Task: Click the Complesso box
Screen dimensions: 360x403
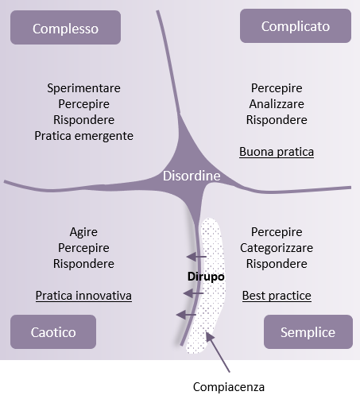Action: (65, 27)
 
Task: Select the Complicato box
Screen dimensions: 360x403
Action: (296, 25)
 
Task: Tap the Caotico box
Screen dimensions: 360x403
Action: (53, 331)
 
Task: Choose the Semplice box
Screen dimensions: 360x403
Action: (308, 331)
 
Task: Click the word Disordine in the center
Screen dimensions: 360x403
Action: (192, 176)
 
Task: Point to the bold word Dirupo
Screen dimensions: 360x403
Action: (206, 277)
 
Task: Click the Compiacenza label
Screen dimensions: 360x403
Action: (229, 387)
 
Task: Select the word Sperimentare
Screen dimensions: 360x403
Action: (83, 88)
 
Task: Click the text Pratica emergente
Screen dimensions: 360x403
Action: (83, 136)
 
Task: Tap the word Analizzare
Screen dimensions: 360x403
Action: (277, 104)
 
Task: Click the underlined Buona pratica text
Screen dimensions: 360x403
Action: (277, 152)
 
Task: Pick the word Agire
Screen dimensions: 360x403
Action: (83, 232)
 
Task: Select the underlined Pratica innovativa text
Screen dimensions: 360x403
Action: (83, 296)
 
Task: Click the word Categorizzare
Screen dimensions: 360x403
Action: (277, 248)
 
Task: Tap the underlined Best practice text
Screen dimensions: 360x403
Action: (277, 296)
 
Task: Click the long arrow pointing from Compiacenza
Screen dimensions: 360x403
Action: (218, 352)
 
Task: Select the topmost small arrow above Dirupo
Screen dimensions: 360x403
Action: (196, 257)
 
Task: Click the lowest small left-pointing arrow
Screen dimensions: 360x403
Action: (186, 315)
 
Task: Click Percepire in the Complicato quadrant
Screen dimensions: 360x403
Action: (277, 88)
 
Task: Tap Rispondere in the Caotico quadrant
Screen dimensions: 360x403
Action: (83, 264)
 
